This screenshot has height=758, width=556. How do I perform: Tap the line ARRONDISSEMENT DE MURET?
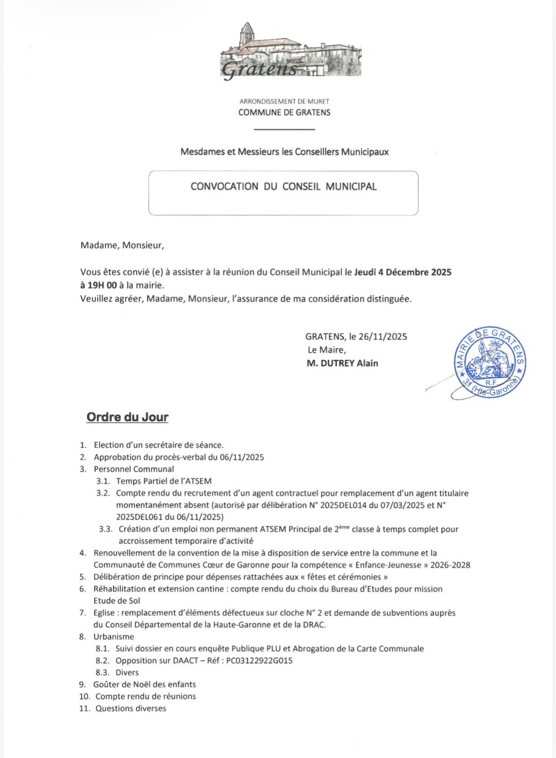click(284, 102)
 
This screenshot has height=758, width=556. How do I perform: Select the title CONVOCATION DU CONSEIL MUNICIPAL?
click(283, 187)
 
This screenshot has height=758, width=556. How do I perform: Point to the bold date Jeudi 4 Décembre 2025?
click(403, 272)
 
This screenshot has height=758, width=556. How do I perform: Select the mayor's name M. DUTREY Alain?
click(342, 363)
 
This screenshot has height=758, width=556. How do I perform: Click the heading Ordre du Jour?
click(127, 417)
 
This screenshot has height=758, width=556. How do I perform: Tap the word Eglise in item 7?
click(104, 613)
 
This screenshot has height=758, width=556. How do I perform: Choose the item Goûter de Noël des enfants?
click(144, 685)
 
